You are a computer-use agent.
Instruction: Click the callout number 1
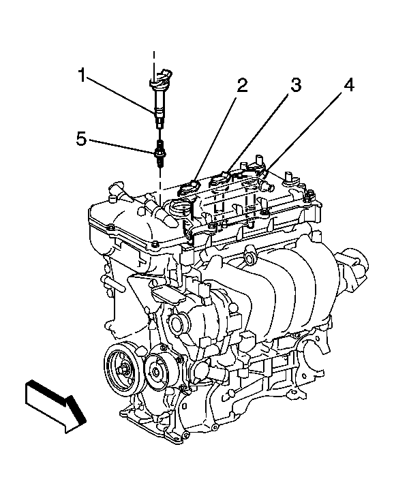82,76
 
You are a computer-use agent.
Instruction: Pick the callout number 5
81,139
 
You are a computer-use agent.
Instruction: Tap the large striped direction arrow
54,406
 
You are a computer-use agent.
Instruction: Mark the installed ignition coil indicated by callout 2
194,185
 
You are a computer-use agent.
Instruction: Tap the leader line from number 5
123,147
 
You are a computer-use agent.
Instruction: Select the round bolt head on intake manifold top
252,258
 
